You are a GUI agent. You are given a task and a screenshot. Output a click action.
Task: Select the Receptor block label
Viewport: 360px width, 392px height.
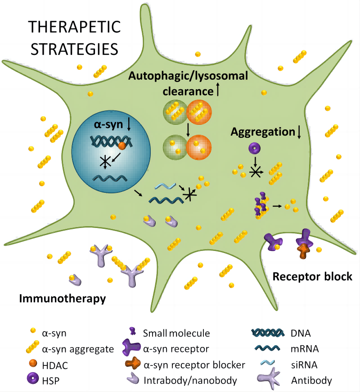312,276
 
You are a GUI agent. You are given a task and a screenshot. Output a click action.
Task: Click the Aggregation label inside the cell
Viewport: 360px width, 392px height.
262,132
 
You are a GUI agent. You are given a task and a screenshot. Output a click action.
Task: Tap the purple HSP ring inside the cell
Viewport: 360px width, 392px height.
255,148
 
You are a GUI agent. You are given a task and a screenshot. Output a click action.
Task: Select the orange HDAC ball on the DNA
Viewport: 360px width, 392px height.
122,146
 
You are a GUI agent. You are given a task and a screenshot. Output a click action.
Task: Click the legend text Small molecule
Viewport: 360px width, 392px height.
176,333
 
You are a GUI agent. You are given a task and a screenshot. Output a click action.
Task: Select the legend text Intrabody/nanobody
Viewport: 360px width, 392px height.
190,380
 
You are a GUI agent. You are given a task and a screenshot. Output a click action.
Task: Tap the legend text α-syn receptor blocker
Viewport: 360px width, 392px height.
193,365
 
